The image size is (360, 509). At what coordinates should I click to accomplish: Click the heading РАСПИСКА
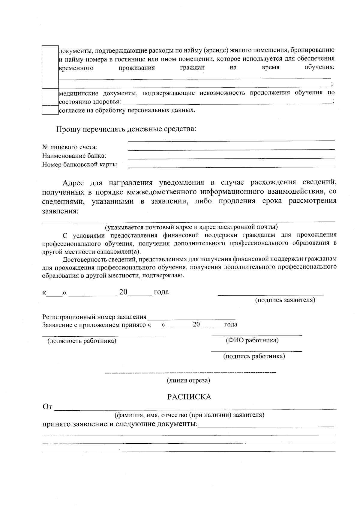tap(189, 397)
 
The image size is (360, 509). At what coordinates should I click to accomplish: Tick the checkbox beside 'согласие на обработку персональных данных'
tap(50, 110)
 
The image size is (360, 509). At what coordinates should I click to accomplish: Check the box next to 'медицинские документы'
tap(50, 97)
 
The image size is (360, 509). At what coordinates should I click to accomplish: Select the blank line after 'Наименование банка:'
tap(231, 157)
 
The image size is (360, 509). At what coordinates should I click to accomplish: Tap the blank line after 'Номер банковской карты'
tap(231, 166)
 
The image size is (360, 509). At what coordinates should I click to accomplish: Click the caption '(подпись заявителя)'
tap(285, 300)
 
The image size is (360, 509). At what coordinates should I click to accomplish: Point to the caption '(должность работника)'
tap(82, 341)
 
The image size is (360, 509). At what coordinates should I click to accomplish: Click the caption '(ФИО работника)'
tap(252, 340)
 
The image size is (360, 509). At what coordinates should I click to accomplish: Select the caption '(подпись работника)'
tap(254, 356)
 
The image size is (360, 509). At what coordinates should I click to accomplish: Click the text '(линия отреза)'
tap(188, 380)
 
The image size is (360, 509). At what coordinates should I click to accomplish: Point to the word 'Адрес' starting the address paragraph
tap(73, 183)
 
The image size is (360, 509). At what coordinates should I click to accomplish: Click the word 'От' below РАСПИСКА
tap(47, 407)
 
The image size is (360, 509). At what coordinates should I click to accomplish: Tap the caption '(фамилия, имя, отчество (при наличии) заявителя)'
tap(189, 415)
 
